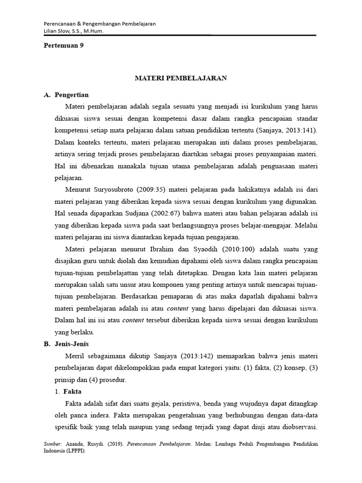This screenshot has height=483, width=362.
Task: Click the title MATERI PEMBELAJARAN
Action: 181,78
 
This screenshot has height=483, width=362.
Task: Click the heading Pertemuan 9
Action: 63,46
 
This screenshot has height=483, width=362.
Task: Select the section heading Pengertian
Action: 72,95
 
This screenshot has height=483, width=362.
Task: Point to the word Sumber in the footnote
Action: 52,444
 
